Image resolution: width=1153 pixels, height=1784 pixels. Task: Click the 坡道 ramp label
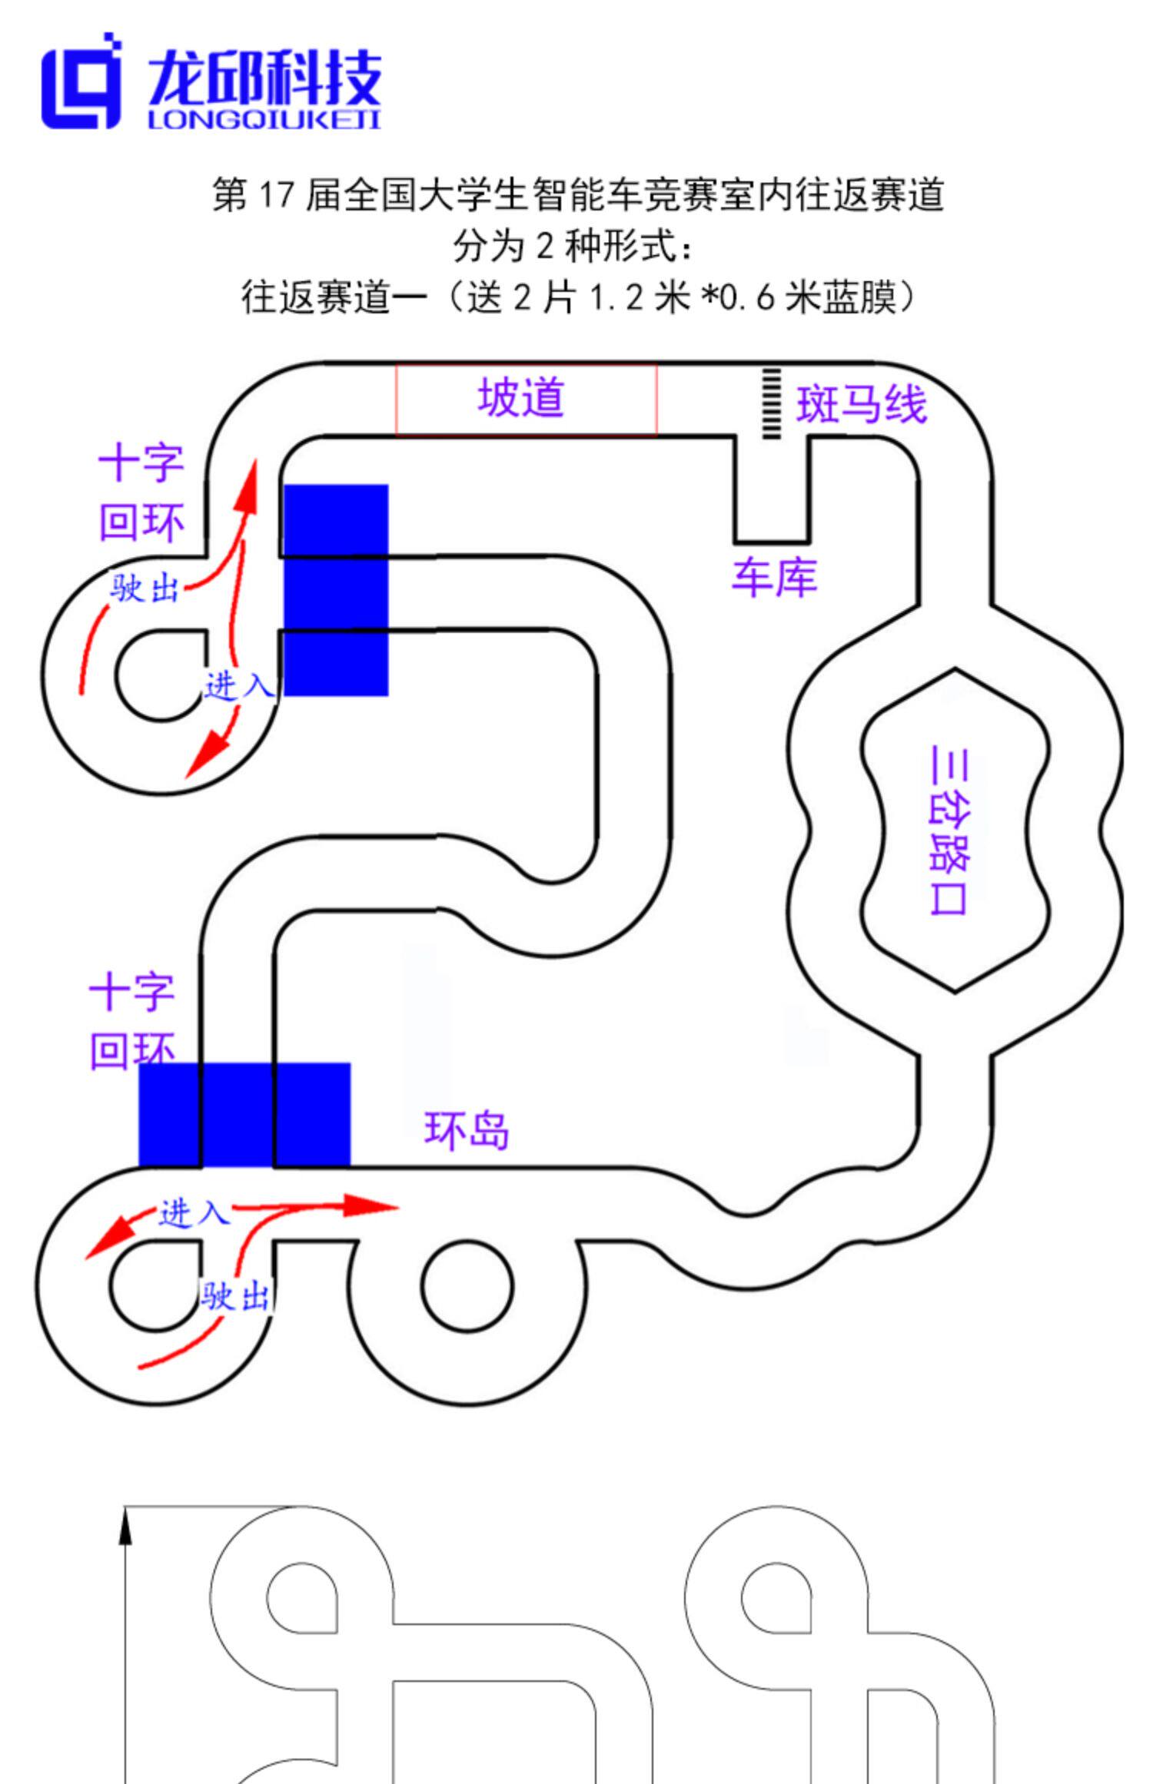(x=521, y=398)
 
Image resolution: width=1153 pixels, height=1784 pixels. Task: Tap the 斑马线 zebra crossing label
(x=861, y=404)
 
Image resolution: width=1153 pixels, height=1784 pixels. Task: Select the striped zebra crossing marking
(x=770, y=403)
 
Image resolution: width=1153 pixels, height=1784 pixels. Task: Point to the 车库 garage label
(x=774, y=578)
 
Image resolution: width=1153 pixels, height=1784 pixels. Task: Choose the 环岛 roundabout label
(x=467, y=1130)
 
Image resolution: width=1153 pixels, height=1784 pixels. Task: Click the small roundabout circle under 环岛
(x=467, y=1286)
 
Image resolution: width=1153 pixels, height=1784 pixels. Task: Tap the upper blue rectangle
(x=336, y=590)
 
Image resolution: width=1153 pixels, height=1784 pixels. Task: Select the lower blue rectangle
(x=244, y=1114)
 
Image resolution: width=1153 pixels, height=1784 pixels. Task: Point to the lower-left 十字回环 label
(x=132, y=1022)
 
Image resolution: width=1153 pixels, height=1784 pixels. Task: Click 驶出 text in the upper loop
(x=145, y=590)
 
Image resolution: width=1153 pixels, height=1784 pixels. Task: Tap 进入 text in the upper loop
(x=238, y=685)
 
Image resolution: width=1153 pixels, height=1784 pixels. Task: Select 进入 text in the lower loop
(x=194, y=1214)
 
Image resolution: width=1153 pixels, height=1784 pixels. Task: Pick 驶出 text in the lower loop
(x=235, y=1296)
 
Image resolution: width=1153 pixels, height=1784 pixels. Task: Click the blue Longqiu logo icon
(x=81, y=81)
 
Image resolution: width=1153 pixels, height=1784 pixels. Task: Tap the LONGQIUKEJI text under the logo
(x=264, y=120)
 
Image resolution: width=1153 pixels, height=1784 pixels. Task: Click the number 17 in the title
(x=275, y=195)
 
